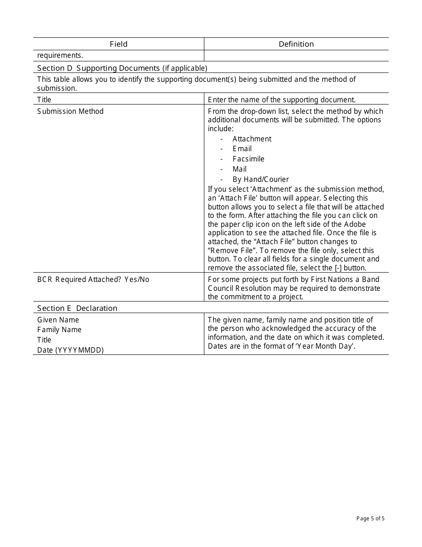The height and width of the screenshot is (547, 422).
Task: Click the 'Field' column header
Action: coord(119,44)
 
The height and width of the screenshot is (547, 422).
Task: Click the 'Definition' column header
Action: coord(296,44)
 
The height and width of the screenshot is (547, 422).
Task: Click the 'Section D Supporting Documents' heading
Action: coord(122,68)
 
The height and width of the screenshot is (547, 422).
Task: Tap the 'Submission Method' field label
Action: coord(70,111)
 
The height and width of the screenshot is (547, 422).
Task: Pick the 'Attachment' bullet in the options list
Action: coord(252,139)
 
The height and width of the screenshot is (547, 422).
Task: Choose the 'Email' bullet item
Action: coord(242,149)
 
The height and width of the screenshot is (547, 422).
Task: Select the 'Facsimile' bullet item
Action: coord(248,159)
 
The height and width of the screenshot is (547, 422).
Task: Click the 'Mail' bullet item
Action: coord(239,169)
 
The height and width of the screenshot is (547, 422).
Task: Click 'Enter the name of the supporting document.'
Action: coord(282,100)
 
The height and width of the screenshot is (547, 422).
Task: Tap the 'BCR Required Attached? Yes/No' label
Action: coord(93,280)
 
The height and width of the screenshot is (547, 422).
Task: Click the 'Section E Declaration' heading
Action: coord(77,308)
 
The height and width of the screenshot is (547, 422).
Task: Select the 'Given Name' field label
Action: coord(58,320)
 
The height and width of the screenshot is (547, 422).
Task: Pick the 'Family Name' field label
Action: coord(60,330)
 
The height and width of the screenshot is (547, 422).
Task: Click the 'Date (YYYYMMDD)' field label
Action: coord(70,350)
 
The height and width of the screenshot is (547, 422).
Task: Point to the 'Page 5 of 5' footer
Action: coord(370,518)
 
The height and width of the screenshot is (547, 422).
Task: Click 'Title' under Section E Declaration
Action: coord(44,340)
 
